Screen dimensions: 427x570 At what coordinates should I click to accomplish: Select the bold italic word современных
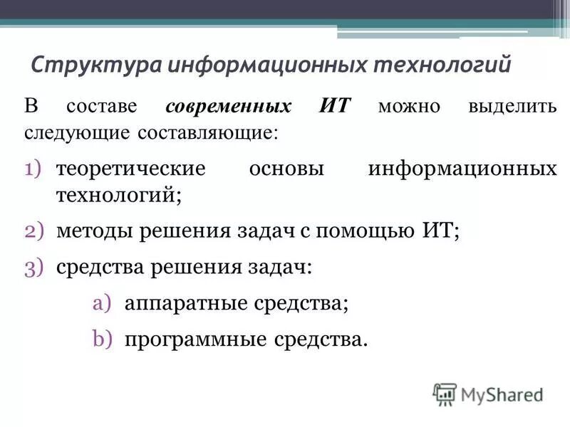(228, 107)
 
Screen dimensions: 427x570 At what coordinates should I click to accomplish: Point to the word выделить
(512, 107)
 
